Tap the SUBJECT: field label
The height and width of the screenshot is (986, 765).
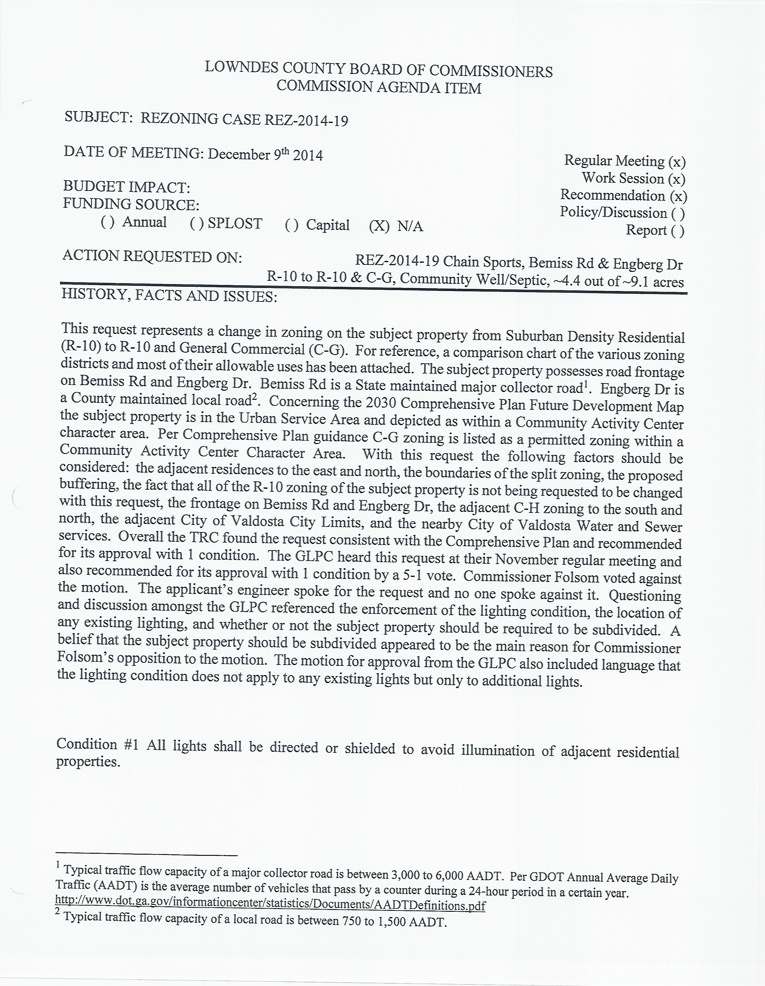(x=98, y=117)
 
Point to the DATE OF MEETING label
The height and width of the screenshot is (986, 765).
(x=134, y=152)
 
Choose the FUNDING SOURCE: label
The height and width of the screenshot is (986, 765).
(x=131, y=204)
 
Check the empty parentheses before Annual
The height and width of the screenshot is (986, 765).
(x=107, y=222)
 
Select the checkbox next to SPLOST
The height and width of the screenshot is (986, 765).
(x=197, y=223)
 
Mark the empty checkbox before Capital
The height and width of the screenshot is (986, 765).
(x=292, y=225)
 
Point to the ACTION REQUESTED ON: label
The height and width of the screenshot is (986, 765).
(x=152, y=256)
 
